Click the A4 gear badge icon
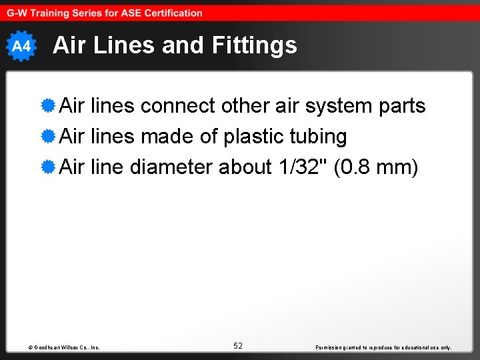pos(21,46)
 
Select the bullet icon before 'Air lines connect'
pos(47,106)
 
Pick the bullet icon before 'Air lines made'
pos(47,137)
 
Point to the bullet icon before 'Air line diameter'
pos(47,167)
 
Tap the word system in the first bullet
pos(318,107)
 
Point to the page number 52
pos(238,346)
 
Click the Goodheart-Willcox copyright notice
pos(65,347)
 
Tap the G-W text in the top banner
pos(17,13)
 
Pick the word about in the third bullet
pos(245,167)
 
